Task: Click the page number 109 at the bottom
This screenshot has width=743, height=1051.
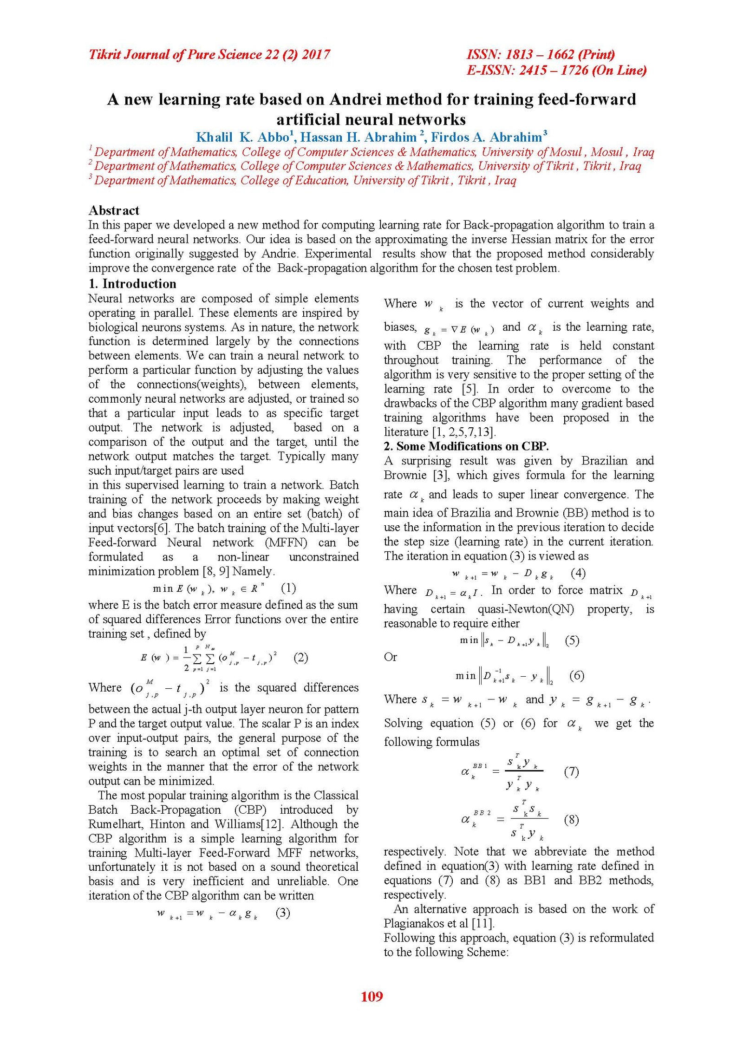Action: [x=371, y=996]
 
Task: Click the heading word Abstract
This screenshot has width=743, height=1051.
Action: [x=114, y=210]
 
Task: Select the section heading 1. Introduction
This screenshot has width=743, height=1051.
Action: [x=132, y=284]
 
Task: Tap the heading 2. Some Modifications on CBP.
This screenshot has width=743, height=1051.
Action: [x=466, y=446]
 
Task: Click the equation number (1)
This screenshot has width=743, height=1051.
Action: [x=288, y=588]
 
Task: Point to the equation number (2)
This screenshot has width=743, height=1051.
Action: [x=301, y=657]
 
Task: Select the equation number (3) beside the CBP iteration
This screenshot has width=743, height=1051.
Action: [x=283, y=913]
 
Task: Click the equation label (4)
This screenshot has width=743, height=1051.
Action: [x=578, y=573]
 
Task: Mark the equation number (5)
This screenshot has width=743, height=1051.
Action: [x=572, y=640]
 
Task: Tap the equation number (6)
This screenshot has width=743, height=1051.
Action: [x=577, y=675]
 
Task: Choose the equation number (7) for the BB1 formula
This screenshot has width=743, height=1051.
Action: [x=571, y=771]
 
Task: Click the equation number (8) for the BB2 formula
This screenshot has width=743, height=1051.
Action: [x=571, y=820]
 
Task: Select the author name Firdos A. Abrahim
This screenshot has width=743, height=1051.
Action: [x=488, y=137]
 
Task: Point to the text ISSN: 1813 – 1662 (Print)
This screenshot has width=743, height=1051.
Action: [x=541, y=54]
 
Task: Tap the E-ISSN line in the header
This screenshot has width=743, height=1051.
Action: [x=556, y=70]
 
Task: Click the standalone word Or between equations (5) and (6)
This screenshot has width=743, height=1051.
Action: [x=391, y=657]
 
